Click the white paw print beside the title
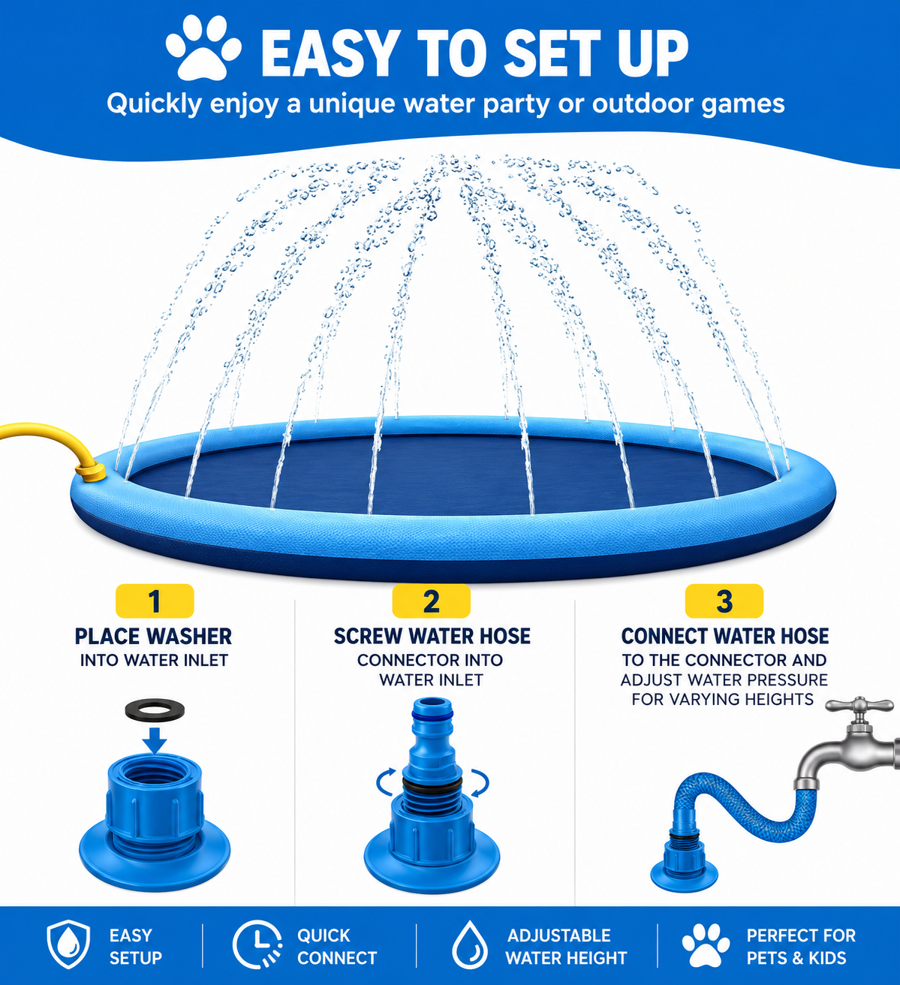pyautogui.click(x=203, y=48)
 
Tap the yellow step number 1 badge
pyautogui.click(x=155, y=601)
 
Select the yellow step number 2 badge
pyautogui.click(x=431, y=601)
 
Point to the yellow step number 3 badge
pyautogui.click(x=724, y=601)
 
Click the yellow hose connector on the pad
pyautogui.click(x=91, y=471)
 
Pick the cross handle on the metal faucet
pyautogui.click(x=859, y=706)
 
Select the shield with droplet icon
pyautogui.click(x=68, y=944)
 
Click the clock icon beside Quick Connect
pyautogui.click(x=257, y=944)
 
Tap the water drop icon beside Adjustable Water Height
pyautogui.click(x=470, y=944)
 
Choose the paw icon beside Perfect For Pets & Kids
pyautogui.click(x=706, y=945)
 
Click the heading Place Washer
pyautogui.click(x=153, y=637)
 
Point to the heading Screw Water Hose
pyautogui.click(x=432, y=637)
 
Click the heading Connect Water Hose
pyautogui.click(x=724, y=637)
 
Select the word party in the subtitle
pyautogui.click(x=516, y=105)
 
